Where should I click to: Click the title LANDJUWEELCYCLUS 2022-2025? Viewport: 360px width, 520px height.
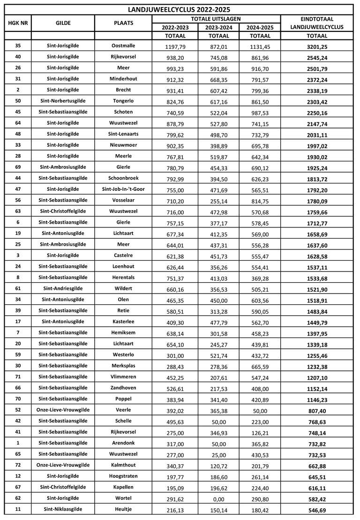179,9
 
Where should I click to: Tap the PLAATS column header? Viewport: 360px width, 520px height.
123,23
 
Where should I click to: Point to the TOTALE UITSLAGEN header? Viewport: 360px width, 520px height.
216,19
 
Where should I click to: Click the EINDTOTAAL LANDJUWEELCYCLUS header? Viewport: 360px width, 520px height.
317,23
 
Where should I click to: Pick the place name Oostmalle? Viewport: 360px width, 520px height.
123,45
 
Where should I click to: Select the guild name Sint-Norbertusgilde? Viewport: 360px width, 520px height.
63,101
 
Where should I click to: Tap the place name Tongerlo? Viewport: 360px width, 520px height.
123,101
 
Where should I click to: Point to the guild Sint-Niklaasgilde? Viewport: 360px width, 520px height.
63,509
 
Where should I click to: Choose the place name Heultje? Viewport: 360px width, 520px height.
123,509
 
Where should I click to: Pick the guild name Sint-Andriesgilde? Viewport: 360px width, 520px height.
63,288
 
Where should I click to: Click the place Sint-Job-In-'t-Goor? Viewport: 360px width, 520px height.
123,189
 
